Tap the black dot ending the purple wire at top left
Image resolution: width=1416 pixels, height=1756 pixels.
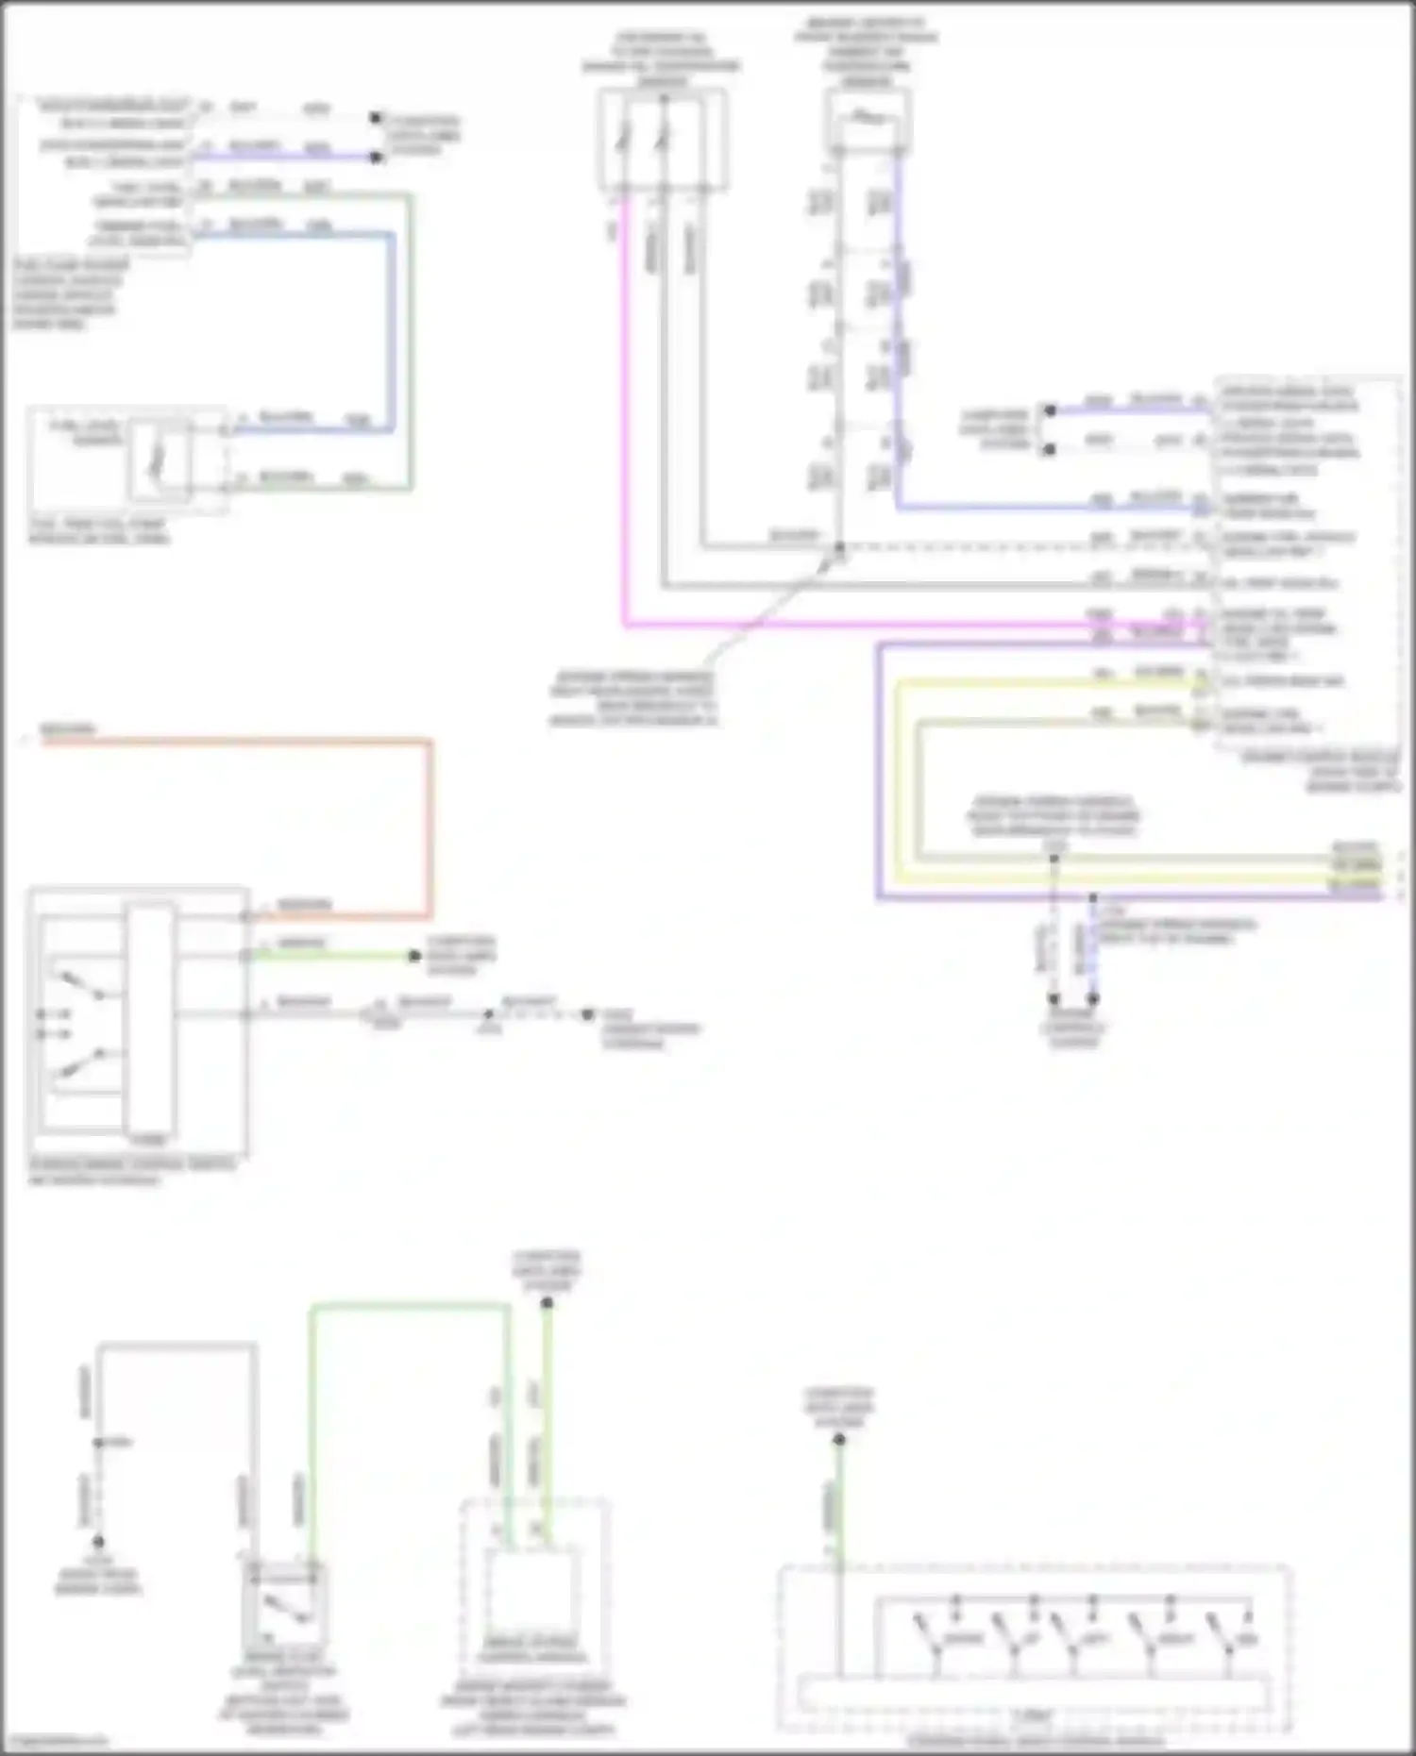(x=376, y=158)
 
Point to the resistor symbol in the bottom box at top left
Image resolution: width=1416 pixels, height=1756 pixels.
(x=159, y=460)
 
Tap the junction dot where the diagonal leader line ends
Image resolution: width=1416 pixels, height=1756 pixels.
(x=839, y=547)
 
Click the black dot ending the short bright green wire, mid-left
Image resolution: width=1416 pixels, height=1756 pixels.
(x=413, y=956)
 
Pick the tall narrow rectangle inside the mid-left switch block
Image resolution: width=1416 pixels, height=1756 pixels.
(x=150, y=1019)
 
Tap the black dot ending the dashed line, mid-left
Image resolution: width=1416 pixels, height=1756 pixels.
(x=586, y=1015)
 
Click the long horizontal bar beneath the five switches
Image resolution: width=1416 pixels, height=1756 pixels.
(x=1034, y=1694)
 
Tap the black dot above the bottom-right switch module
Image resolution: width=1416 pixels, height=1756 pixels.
(x=839, y=1440)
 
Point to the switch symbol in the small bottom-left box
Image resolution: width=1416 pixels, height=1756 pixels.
(x=283, y=1606)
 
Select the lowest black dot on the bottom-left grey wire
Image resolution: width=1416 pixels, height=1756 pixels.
(x=98, y=1541)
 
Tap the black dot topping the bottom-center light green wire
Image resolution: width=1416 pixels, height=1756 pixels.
(x=547, y=1303)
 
